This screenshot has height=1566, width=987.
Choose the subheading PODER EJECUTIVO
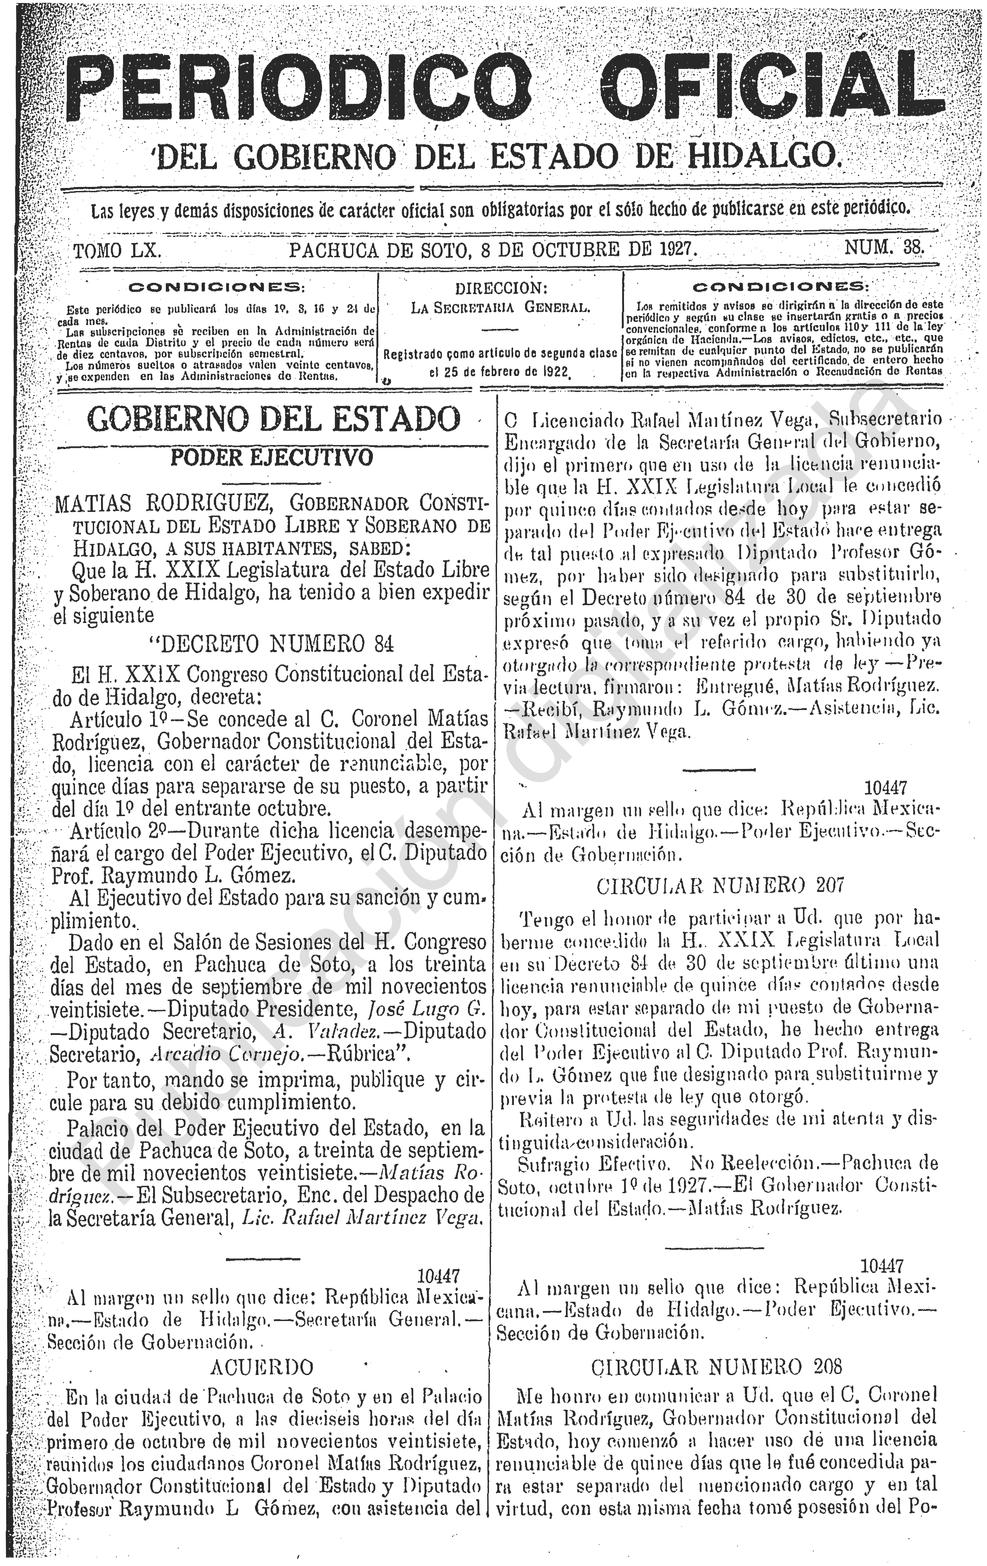(x=272, y=457)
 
